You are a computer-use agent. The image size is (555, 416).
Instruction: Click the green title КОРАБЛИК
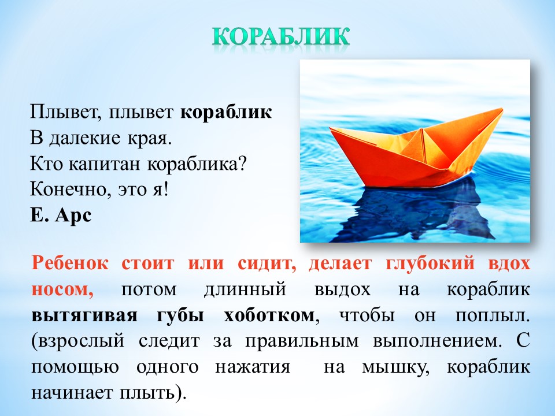(x=281, y=36)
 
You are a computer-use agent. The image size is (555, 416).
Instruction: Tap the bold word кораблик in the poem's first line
(x=226, y=113)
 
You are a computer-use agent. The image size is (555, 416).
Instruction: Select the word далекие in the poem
(x=85, y=138)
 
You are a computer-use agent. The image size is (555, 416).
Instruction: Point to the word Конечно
(x=68, y=190)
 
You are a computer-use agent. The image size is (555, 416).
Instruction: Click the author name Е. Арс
(x=61, y=215)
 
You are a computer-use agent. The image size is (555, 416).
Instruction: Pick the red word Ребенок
(x=70, y=264)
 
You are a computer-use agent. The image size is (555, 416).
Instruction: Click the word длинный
(x=245, y=290)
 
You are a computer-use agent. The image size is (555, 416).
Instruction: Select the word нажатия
(x=253, y=367)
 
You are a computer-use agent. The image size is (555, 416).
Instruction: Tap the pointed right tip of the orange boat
(x=502, y=109)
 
